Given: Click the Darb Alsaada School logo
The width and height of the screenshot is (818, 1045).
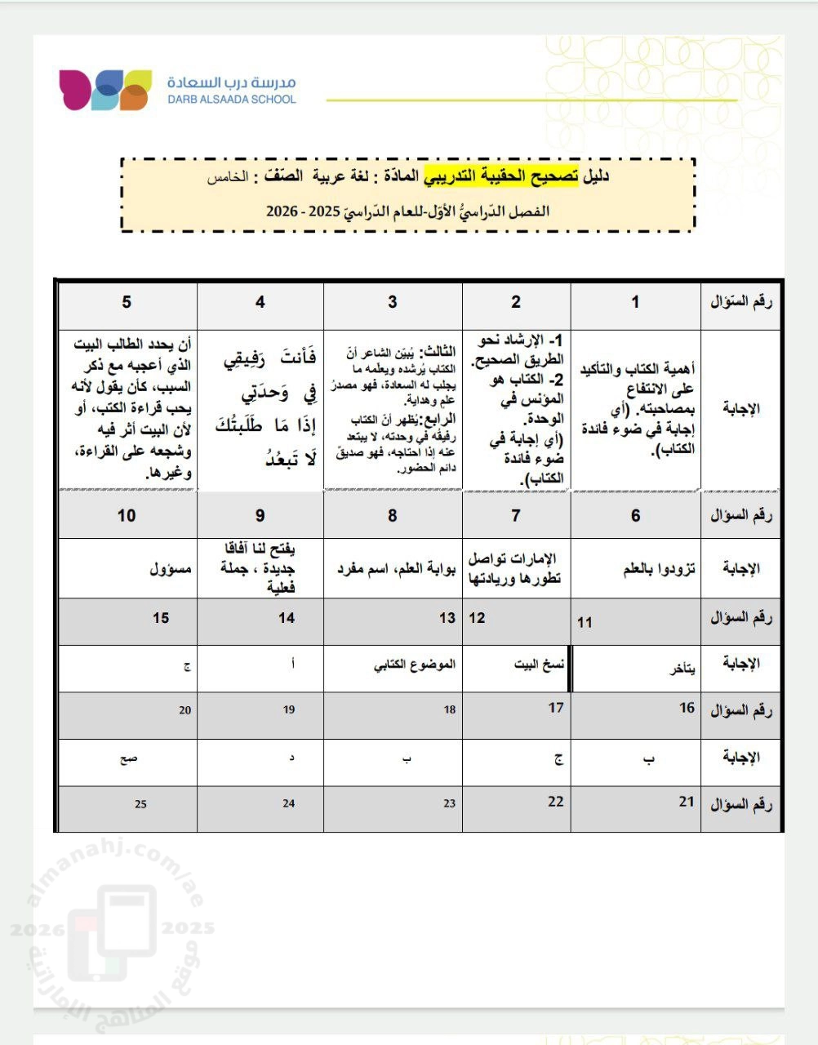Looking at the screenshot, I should pyautogui.click(x=104, y=90).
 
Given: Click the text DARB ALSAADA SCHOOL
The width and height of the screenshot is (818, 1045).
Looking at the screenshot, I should pyautogui.click(x=232, y=100).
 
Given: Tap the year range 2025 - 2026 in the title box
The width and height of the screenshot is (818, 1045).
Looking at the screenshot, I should pyautogui.click(x=302, y=211).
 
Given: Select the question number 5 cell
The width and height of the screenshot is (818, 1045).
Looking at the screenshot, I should pyautogui.click(x=127, y=302).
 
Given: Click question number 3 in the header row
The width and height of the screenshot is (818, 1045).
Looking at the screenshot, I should pyautogui.click(x=392, y=302).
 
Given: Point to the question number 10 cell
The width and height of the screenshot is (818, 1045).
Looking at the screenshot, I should pyautogui.click(x=127, y=515).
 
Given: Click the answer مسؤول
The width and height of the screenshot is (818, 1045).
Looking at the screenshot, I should pyautogui.click(x=170, y=568).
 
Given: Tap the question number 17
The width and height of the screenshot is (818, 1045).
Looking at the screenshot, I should pyautogui.click(x=556, y=708).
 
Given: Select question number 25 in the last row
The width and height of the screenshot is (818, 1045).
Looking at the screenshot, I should pyautogui.click(x=140, y=804).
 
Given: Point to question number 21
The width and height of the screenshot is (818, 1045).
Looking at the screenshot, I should pyautogui.click(x=686, y=802).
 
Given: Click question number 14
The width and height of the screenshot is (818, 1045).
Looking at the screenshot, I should pyautogui.click(x=286, y=618).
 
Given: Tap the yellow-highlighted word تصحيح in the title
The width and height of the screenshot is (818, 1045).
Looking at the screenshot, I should pyautogui.click(x=561, y=176).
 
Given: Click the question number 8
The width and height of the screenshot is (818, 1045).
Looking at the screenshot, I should pyautogui.click(x=393, y=515).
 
